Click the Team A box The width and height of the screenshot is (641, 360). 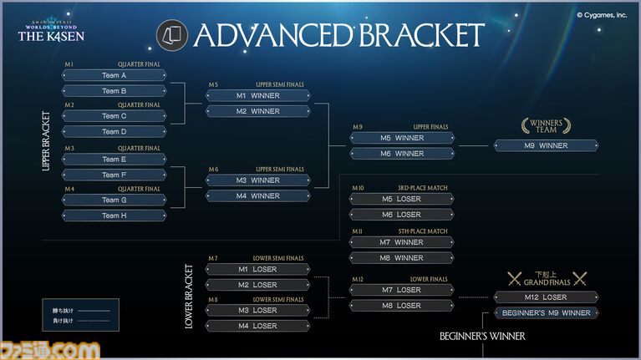pos(114,75)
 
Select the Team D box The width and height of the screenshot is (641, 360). pos(114,131)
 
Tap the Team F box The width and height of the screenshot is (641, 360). pos(114,175)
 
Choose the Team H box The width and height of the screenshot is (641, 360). pos(114,215)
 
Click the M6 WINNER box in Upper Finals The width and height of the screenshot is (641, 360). pos(402,154)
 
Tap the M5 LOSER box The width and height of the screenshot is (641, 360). pos(402,199)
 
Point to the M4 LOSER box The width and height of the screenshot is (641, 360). pos(258,325)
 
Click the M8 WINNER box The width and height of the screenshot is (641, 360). pos(402,258)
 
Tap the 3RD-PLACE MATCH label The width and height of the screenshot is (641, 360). pos(422,188)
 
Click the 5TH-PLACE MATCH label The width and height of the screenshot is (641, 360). pos(422,231)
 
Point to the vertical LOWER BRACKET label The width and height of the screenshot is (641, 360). pos(189,297)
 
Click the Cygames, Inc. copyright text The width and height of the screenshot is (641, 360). pos(602,14)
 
